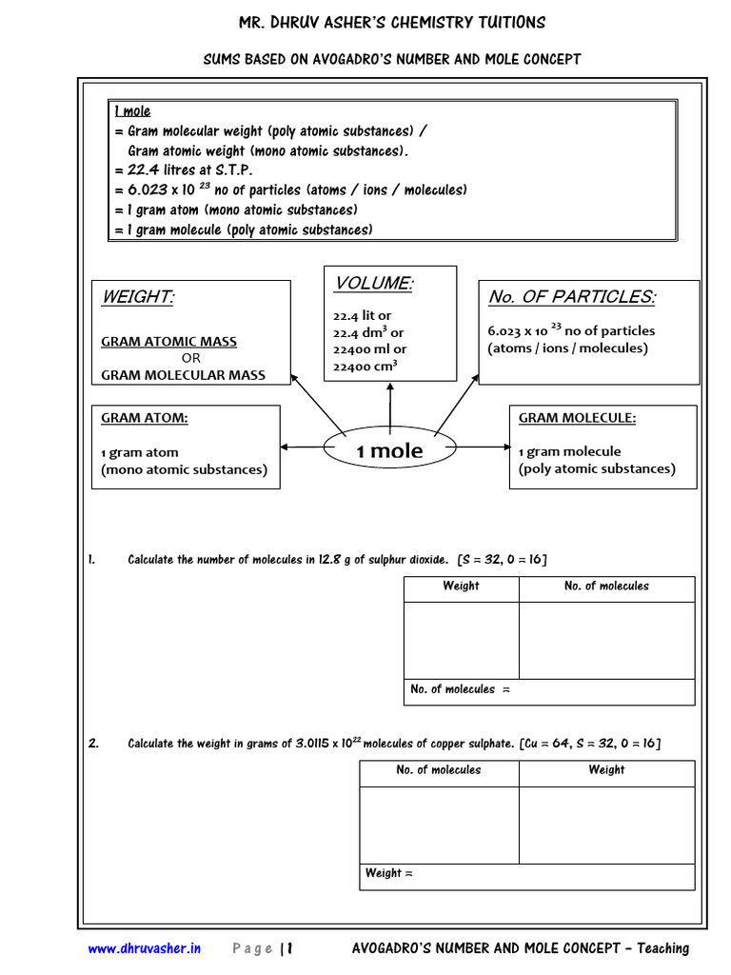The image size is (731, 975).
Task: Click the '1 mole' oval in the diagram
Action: pyautogui.click(x=389, y=451)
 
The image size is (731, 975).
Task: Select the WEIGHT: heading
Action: pyautogui.click(x=138, y=298)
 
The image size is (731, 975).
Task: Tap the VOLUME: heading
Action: pyautogui.click(x=373, y=284)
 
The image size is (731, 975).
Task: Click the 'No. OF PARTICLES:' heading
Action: pyautogui.click(x=571, y=297)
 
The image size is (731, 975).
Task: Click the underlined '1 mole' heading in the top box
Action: pyautogui.click(x=132, y=111)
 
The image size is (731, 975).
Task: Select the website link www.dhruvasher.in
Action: pyautogui.click(x=145, y=948)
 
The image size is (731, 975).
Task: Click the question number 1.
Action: pyautogui.click(x=91, y=560)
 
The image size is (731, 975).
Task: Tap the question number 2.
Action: pyautogui.click(x=93, y=744)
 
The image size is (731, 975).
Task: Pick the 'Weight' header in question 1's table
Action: pyautogui.click(x=461, y=587)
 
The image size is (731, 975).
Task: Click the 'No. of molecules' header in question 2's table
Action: pyautogui.click(x=439, y=770)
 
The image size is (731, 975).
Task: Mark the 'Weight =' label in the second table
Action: pyautogui.click(x=389, y=873)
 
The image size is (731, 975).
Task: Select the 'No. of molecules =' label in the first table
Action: pyautogui.click(x=460, y=689)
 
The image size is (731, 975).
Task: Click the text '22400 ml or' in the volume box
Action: pyautogui.click(x=369, y=348)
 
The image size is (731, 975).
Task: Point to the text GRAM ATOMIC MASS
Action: pyautogui.click(x=169, y=342)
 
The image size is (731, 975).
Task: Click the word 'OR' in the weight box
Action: pyautogui.click(x=191, y=358)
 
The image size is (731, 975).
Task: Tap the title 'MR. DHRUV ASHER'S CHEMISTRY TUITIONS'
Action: pyautogui.click(x=391, y=23)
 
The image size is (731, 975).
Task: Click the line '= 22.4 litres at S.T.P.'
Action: pyautogui.click(x=189, y=170)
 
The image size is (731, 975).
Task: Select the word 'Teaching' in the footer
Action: pyautogui.click(x=663, y=948)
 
